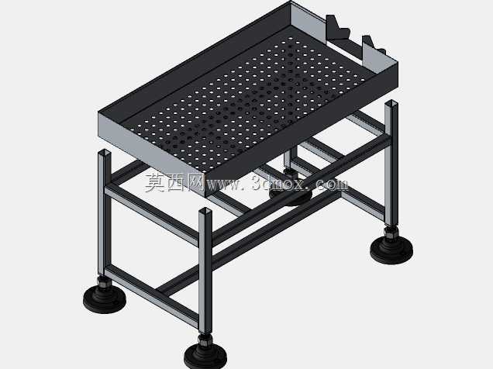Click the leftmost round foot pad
tap(105, 299)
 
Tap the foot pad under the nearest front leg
tap(205, 356)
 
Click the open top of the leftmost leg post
tap(105, 153)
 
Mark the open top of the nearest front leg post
tap(205, 210)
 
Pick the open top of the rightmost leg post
tap(391, 103)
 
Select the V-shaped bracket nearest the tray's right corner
tap(374, 47)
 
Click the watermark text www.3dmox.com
tap(277, 184)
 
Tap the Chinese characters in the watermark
tap(174, 183)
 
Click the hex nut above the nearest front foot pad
tap(205, 340)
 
